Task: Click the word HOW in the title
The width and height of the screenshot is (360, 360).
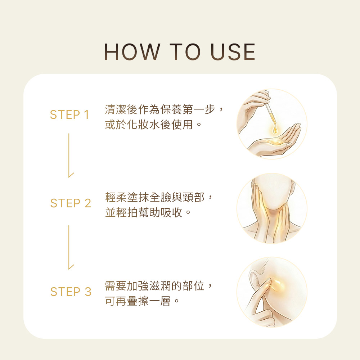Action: (x=132, y=52)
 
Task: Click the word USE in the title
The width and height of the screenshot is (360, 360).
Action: (x=233, y=52)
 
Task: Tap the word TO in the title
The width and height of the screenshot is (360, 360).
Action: (x=185, y=52)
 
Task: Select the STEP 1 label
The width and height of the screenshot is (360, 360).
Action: (x=69, y=114)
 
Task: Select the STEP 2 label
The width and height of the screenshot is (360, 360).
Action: (x=71, y=203)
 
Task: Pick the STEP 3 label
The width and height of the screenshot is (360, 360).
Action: (x=71, y=292)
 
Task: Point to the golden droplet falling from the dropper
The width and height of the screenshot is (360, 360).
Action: (x=275, y=129)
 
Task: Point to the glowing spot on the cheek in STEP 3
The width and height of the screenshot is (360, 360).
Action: (x=276, y=284)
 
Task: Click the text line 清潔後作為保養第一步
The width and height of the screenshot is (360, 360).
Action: (x=161, y=109)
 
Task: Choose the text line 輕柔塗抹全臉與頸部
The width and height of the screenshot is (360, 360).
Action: (x=155, y=197)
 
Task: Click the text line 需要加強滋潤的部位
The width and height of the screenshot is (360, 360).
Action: (x=155, y=286)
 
